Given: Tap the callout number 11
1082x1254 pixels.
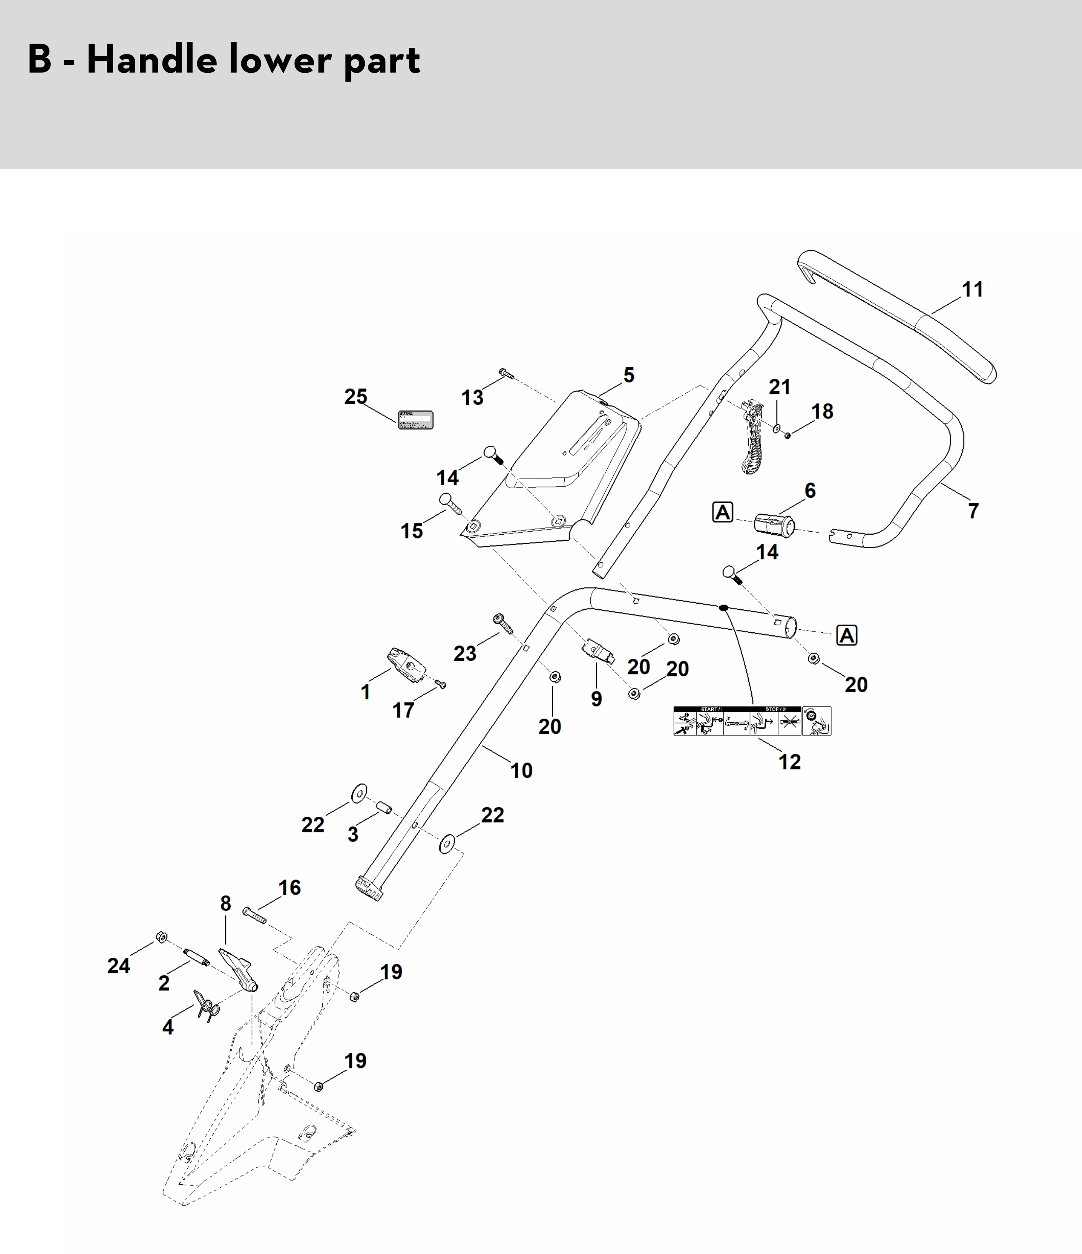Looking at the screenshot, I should [x=972, y=289].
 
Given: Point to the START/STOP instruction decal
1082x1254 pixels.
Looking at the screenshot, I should [x=752, y=721].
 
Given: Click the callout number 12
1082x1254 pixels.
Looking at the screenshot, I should [x=790, y=762].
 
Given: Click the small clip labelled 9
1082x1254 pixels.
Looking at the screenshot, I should [x=598, y=652].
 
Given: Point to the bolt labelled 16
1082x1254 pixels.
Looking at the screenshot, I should [x=255, y=916].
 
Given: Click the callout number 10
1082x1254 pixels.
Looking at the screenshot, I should [x=521, y=770].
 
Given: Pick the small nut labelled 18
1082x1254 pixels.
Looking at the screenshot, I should [x=787, y=435].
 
